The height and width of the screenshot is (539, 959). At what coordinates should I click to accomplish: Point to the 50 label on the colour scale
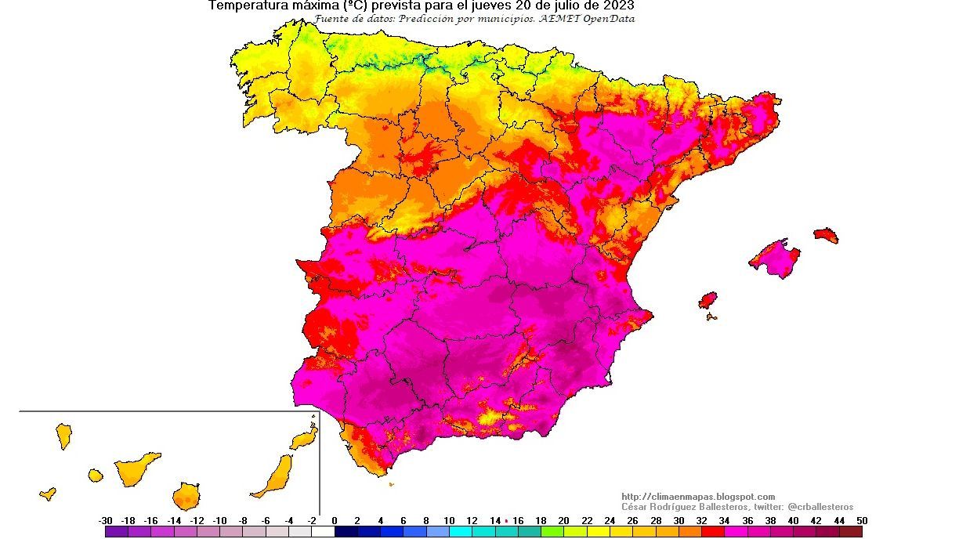[862, 521]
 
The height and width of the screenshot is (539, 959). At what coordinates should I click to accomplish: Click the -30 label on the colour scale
[105, 521]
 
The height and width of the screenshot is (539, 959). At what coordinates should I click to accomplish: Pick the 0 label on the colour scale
[335, 521]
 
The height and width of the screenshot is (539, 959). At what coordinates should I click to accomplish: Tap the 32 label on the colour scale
[701, 521]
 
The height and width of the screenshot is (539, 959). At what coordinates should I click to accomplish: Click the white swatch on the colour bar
[323, 532]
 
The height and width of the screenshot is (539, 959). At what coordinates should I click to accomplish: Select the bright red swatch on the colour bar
[713, 532]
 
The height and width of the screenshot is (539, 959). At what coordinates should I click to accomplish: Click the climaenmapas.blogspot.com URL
[698, 497]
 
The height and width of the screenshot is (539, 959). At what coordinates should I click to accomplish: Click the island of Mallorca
[775, 259]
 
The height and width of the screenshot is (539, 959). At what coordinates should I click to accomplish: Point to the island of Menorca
[826, 235]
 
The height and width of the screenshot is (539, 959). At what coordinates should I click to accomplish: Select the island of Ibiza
[707, 300]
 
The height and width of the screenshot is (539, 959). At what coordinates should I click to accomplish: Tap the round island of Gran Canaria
[186, 497]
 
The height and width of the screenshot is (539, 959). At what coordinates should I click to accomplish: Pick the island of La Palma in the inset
[63, 436]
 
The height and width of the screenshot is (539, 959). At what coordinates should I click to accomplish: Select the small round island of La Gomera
[95, 475]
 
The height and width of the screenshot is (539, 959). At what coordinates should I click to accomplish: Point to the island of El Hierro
[48, 494]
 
